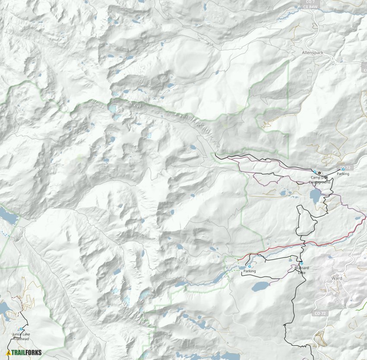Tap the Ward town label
(337, 278)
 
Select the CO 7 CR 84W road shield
(307, 4)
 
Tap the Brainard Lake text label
(302, 270)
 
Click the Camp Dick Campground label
(320, 180)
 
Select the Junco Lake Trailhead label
(21, 336)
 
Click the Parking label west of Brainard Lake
(250, 271)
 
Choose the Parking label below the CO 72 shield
(343, 174)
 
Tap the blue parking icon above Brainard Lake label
(301, 263)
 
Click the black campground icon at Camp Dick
(320, 172)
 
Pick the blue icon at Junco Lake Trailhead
(21, 329)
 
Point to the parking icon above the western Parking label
(250, 266)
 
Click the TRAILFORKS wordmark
(27, 352)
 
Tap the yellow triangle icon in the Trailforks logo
(9, 352)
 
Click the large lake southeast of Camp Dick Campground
(315, 196)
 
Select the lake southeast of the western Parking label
(260, 287)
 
